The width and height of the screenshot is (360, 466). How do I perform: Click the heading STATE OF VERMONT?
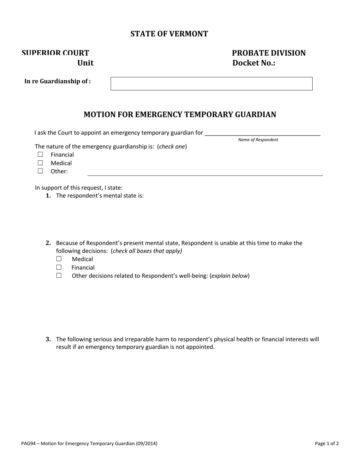coord(169,34)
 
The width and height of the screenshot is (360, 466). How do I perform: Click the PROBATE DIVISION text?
coord(268,53)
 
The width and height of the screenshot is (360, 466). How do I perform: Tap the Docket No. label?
coord(254,63)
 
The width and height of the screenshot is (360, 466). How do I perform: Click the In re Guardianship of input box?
coord(211,84)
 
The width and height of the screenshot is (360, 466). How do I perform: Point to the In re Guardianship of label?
coord(57,81)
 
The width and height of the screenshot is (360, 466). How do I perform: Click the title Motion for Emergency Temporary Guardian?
coord(180,114)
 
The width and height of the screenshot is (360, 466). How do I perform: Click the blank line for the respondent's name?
coord(262,133)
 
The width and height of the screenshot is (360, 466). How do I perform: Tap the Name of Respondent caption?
coord(258,140)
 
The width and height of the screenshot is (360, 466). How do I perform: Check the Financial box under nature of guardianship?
coord(41,155)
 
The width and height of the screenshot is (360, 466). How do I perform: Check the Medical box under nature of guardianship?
coord(41,163)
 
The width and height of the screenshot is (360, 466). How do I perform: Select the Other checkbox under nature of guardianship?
coord(41,171)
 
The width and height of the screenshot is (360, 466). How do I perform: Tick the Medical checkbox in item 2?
coord(59,259)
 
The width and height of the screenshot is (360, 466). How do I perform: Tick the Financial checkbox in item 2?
coord(59,267)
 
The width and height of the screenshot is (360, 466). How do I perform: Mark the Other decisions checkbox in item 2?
coord(59,276)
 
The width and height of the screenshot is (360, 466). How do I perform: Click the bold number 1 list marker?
coord(48,196)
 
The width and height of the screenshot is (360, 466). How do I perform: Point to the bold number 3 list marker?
coord(48,339)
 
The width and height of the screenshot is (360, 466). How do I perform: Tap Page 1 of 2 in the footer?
coord(327,444)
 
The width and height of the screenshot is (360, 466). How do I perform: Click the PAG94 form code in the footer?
coord(28,444)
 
